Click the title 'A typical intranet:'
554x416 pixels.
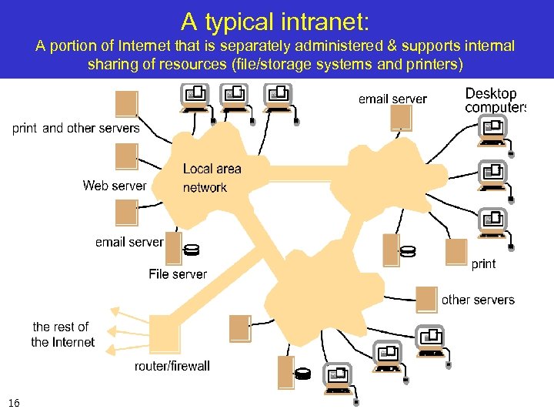coord(276,20)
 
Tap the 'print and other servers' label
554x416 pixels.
coord(76,128)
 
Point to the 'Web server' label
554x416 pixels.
coord(114,186)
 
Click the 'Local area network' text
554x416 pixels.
coord(211,178)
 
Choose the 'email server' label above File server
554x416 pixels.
coord(129,242)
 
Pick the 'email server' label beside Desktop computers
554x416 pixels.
coord(392,99)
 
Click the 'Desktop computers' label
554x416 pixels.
coord(495,100)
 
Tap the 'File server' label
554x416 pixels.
coord(178,273)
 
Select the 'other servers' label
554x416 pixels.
coord(478,300)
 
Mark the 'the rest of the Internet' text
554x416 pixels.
coord(62,334)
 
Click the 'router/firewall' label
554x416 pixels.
coord(172,366)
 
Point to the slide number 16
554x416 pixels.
coord(14,404)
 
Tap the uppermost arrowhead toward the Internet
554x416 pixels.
coord(115,312)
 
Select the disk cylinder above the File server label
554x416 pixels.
coord(192,250)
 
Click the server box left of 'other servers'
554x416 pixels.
coord(426,300)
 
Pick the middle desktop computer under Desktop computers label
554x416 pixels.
coord(492,173)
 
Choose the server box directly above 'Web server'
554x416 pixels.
coord(126,157)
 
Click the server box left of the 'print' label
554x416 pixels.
coord(456,252)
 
